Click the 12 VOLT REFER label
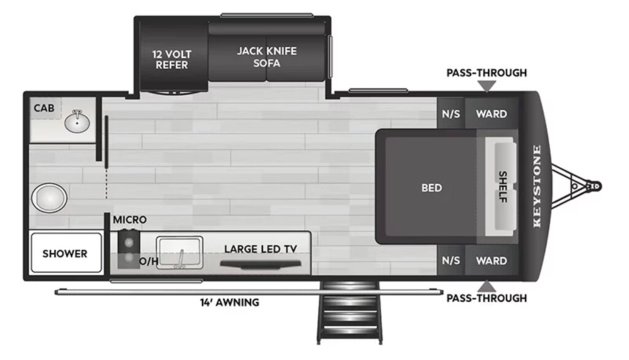point(172,59)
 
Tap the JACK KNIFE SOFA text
point(267,57)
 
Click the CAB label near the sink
point(44,108)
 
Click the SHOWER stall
point(65,253)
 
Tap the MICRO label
point(130,220)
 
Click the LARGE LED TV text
point(260,249)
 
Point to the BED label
point(431,188)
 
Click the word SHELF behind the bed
point(502,187)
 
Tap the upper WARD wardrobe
point(491,114)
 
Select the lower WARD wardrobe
point(491,260)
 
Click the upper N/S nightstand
point(450,114)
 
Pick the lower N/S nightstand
point(450,260)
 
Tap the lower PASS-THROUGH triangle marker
point(486,286)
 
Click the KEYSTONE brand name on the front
point(536,186)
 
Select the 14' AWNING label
point(229,302)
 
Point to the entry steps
point(350,310)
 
